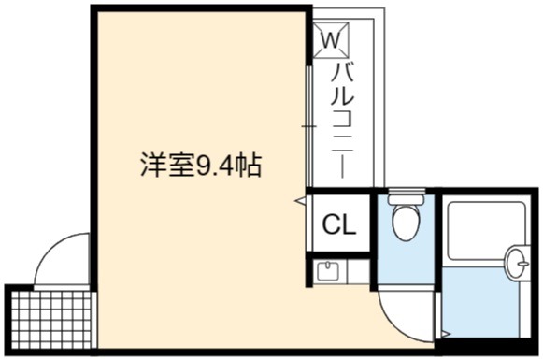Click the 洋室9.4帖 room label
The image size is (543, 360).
click(201, 166)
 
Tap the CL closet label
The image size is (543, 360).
click(339, 224)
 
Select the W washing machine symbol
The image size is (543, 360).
click(331, 40)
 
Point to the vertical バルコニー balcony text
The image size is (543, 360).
click(342, 121)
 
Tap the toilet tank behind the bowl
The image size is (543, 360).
click(407, 196)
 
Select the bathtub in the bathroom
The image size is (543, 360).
click(487, 231)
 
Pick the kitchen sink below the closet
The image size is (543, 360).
click(327, 270)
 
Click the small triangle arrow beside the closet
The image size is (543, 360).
click(300, 200)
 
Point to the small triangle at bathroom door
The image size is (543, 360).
click(446, 334)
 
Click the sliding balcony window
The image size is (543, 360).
click(309, 126)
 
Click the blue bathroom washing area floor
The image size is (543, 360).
click(481, 301)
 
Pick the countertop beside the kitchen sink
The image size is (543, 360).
click(358, 271)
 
